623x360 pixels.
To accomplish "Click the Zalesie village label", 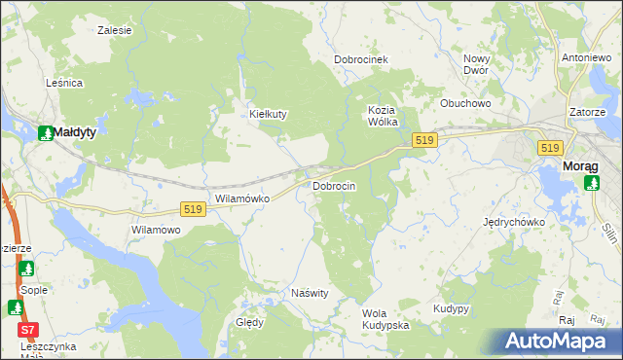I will (114, 30).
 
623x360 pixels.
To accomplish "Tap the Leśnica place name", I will (64, 84).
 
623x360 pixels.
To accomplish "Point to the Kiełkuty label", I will (268, 114).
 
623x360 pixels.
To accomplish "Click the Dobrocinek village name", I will (361, 59).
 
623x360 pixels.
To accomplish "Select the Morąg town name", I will (581, 166).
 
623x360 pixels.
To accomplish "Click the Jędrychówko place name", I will (513, 222).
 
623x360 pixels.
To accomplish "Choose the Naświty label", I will (311, 293).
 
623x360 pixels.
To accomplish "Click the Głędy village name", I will (249, 322).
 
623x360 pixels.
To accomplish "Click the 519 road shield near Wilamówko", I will (193, 209).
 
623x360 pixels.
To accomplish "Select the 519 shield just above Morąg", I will (550, 147).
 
